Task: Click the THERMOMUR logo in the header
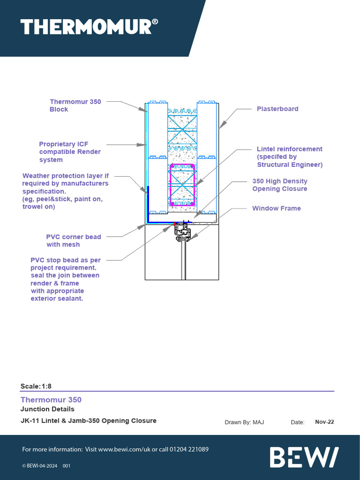(x=85, y=27)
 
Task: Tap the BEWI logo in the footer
(x=304, y=457)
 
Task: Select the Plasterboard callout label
(x=277, y=109)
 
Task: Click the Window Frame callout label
(x=277, y=208)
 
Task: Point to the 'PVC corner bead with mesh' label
(x=74, y=240)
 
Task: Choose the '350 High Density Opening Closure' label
(x=280, y=185)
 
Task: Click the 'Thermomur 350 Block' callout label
(x=75, y=105)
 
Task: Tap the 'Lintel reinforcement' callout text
(x=289, y=157)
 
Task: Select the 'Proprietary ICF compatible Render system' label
(x=70, y=152)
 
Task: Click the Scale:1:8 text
(x=36, y=386)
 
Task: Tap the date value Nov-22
(x=324, y=422)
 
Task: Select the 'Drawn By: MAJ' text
(x=244, y=422)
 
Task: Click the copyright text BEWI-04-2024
(x=40, y=466)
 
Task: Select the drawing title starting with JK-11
(x=89, y=420)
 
